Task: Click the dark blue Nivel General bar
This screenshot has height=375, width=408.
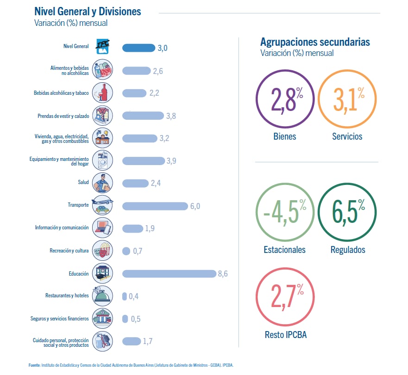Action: pyautogui.click(x=138, y=48)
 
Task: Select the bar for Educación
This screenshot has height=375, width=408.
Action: pyautogui.click(x=169, y=274)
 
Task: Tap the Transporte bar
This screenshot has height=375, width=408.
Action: pyautogui.click(x=155, y=206)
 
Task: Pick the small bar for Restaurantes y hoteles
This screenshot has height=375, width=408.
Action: pyautogui.click(x=124, y=296)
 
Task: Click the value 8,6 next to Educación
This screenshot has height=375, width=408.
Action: pyautogui.click(x=223, y=274)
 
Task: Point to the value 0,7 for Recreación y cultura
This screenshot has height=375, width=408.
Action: pyautogui.click(x=138, y=251)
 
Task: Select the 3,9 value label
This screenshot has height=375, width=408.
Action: pyautogui.click(x=171, y=161)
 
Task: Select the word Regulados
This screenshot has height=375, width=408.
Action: pyautogui.click(x=348, y=250)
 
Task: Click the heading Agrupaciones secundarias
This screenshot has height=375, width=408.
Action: pyautogui.click(x=315, y=42)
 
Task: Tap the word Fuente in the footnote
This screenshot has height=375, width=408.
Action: pyautogui.click(x=34, y=365)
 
